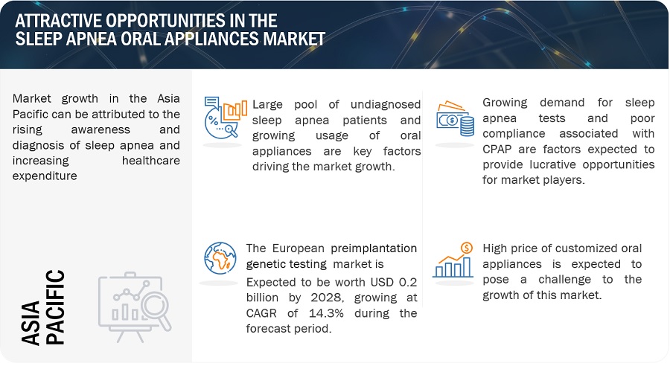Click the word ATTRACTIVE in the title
57,21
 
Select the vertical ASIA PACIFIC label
42,307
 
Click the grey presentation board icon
135,307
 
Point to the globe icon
220,258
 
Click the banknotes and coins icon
455,119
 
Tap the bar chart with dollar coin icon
453,260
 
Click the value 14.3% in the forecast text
326,313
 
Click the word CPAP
497,149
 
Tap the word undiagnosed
386,105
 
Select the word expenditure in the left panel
45,176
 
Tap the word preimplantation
374,248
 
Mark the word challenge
564,280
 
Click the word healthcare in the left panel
151,161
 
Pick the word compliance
514,134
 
